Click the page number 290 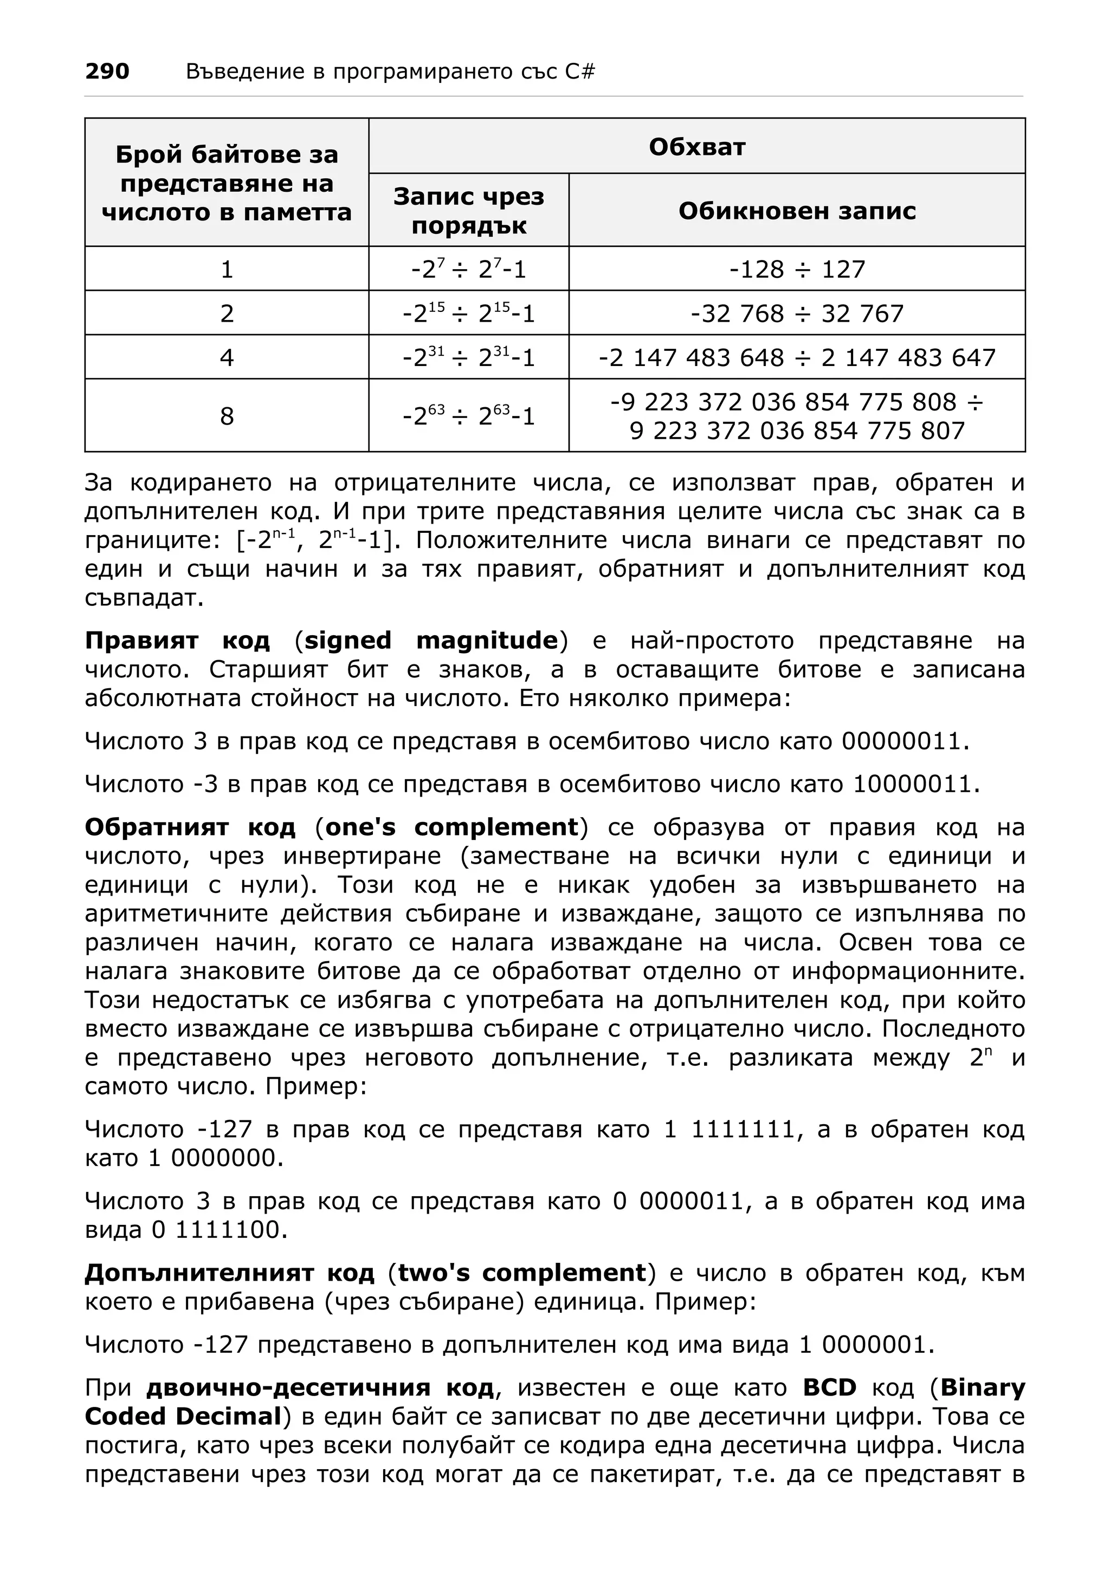tap(107, 71)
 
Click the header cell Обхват tap(696, 146)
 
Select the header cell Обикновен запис tap(796, 210)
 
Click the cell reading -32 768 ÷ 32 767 tap(796, 314)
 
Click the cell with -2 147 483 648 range tap(796, 357)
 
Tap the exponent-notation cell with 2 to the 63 tap(468, 416)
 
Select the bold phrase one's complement tap(452, 827)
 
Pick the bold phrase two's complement tap(522, 1273)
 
